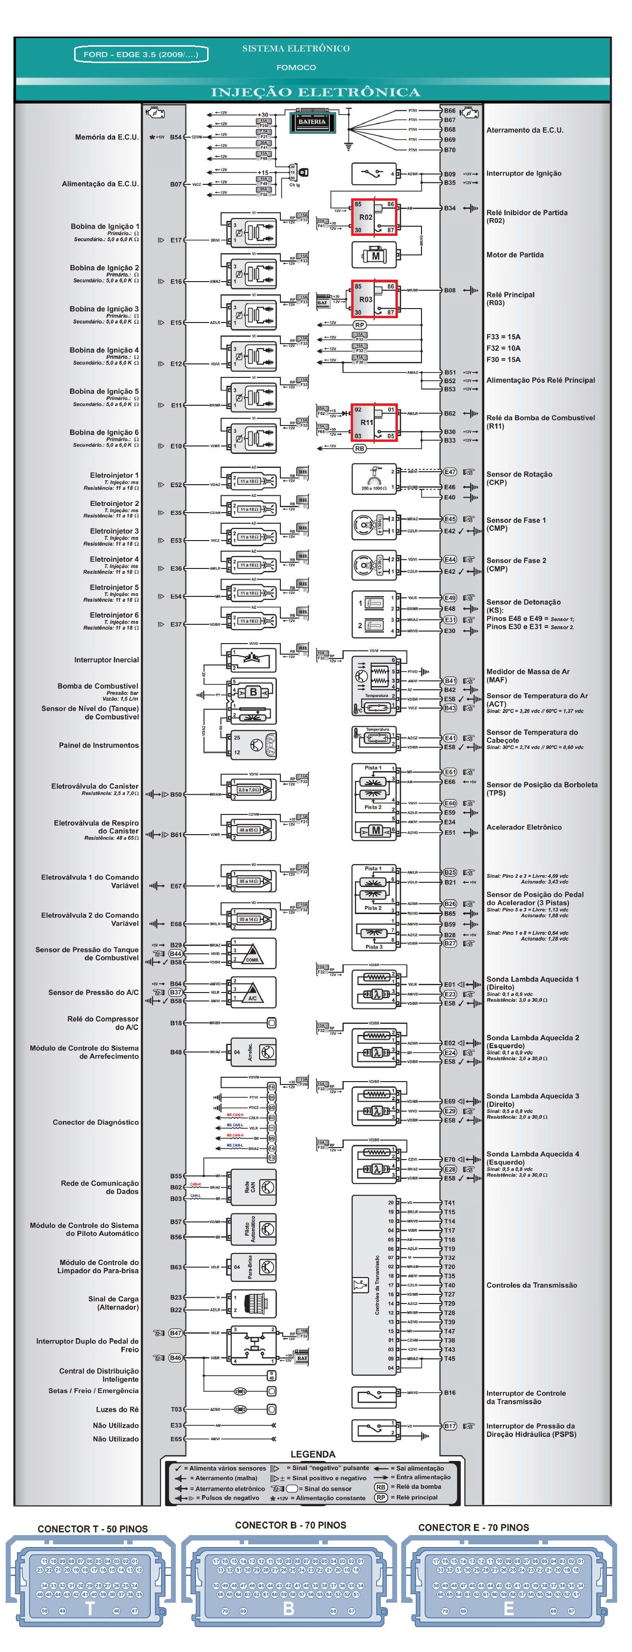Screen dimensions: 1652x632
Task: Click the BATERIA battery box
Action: (313, 122)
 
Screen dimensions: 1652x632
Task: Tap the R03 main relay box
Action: (373, 299)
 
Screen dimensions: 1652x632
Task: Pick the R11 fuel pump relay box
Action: (373, 423)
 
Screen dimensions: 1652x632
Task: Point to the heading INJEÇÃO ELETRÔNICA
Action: (316, 92)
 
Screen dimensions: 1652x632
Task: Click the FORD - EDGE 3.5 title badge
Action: (141, 54)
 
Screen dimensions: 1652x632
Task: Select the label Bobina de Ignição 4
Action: (105, 350)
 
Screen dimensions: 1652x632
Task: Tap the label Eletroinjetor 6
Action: (114, 615)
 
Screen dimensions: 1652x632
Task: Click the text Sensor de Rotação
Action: (519, 475)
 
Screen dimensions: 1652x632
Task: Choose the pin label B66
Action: (450, 111)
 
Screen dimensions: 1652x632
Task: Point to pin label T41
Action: (450, 1203)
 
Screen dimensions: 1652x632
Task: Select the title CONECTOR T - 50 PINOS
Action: (92, 1529)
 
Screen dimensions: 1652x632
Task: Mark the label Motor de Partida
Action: (514, 255)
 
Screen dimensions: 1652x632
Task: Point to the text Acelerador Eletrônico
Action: (524, 827)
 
